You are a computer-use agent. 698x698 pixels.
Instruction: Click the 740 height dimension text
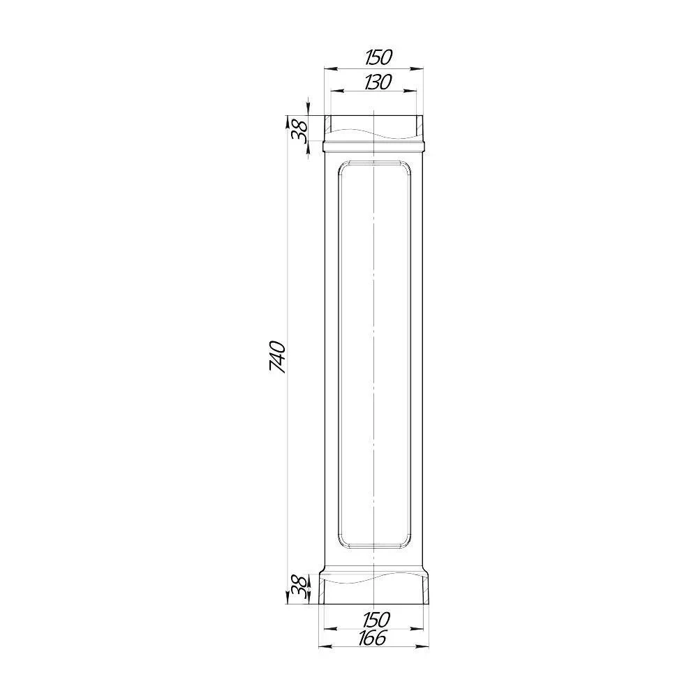coord(277,357)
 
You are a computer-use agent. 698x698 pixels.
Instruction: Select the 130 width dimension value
coord(378,82)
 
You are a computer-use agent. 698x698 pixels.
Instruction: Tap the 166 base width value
coord(372,638)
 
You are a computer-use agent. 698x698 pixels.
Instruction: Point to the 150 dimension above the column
coord(378,57)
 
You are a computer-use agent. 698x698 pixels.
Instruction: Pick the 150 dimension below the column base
coord(376,619)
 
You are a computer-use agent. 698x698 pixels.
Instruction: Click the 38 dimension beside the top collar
coord(299,131)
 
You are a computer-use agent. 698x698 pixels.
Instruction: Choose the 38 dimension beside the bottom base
coord(299,588)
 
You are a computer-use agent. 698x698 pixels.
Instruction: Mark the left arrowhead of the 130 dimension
coord(337,91)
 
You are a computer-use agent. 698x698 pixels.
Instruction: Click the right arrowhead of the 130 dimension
coord(410,91)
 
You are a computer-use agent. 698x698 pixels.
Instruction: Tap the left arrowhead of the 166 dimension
coord(326,646)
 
